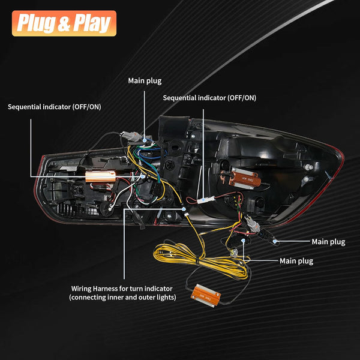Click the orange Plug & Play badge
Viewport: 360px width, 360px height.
point(63,23)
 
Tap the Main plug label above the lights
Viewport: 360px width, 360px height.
point(145,80)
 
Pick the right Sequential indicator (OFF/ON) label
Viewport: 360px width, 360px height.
point(209,97)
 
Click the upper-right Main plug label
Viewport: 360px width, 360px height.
point(328,242)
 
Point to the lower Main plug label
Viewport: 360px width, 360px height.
point(296,261)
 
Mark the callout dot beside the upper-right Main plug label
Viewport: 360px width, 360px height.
point(274,241)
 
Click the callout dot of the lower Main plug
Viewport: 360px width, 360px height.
point(243,240)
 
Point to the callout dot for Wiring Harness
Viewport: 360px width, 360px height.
point(184,208)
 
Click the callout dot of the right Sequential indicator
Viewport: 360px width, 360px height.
point(203,199)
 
